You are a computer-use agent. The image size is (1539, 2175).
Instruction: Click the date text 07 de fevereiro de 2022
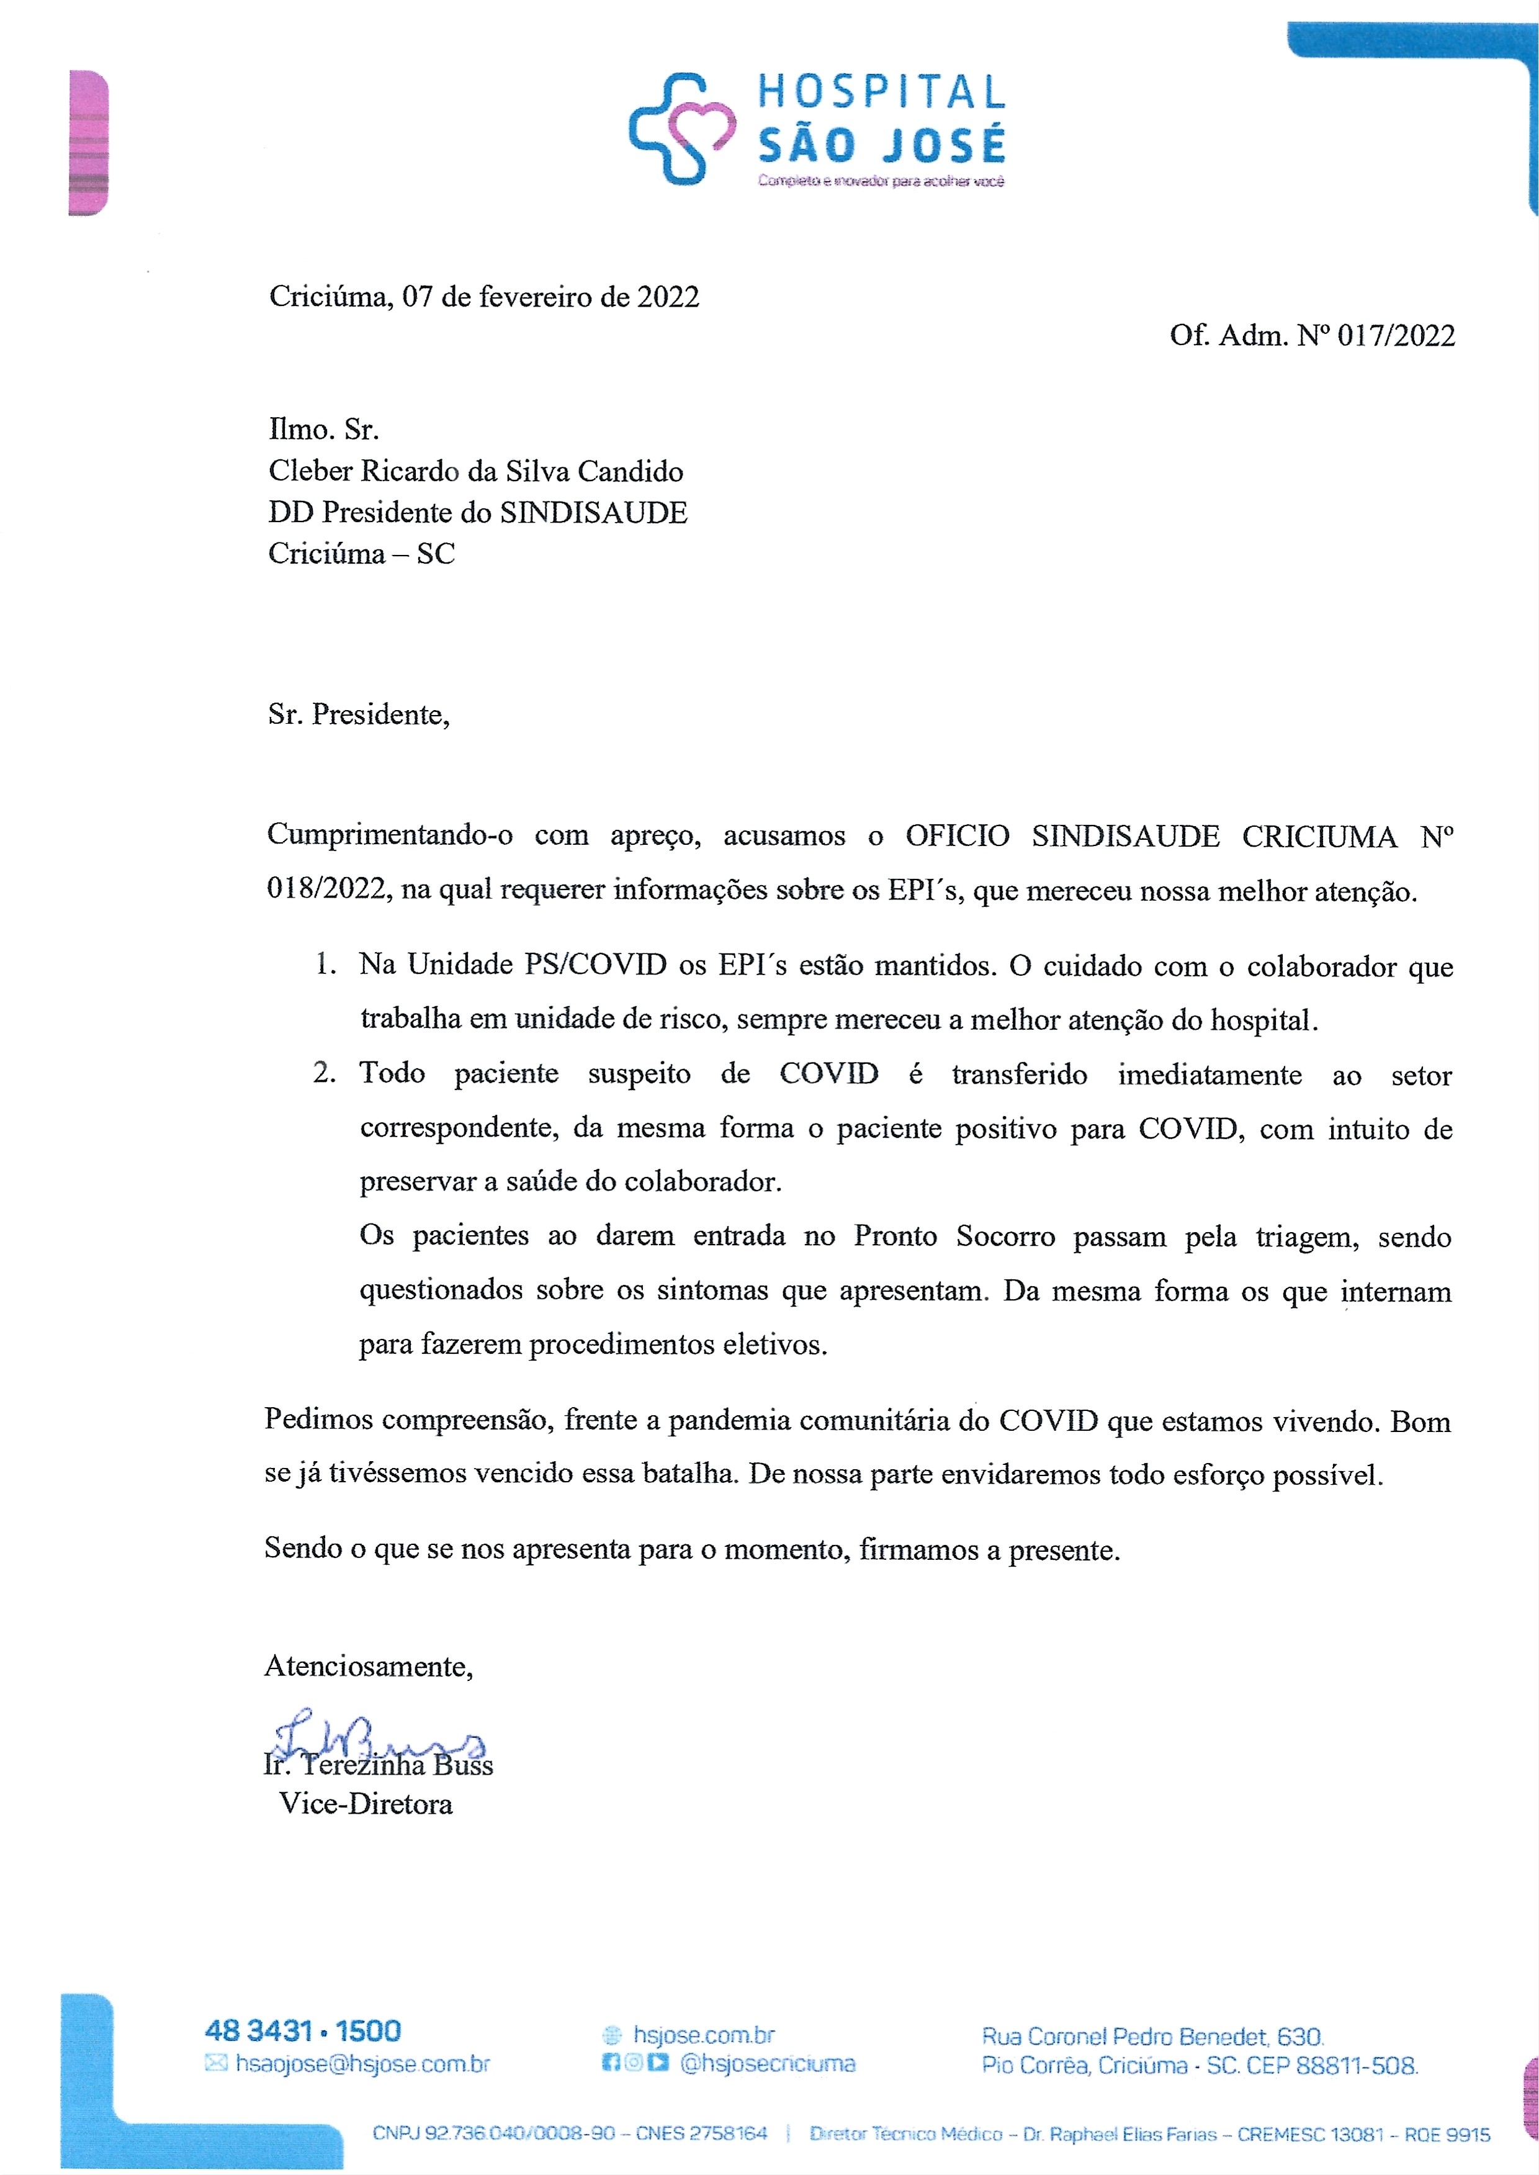tap(550, 297)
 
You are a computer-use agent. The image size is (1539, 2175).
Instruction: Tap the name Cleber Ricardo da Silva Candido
tap(476, 471)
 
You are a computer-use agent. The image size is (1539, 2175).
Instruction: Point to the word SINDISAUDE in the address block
tap(593, 513)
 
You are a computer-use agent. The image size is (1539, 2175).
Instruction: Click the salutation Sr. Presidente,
tap(358, 714)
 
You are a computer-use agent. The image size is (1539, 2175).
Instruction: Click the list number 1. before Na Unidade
tap(325, 965)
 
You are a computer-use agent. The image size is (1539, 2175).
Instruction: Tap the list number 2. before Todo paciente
tap(324, 1073)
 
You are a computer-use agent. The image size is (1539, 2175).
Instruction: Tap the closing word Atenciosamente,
tap(369, 1666)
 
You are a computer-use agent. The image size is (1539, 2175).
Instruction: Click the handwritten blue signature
tap(374, 1736)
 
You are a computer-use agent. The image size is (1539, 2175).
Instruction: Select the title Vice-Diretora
tap(366, 1803)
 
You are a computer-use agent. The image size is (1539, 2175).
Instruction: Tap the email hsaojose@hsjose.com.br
tap(362, 2063)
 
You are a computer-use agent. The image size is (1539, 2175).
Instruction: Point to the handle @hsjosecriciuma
tap(768, 2063)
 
